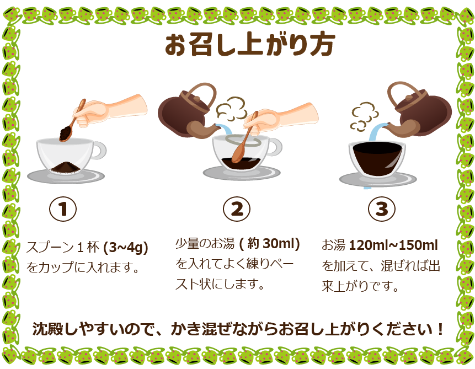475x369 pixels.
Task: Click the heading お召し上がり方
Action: (x=250, y=45)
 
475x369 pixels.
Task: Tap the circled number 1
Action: (x=63, y=209)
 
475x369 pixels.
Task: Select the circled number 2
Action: (x=237, y=209)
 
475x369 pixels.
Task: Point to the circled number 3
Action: (x=382, y=209)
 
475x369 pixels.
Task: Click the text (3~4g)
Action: (x=126, y=248)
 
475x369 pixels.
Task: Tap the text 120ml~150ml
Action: (x=393, y=245)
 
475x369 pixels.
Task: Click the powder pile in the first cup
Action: (x=65, y=168)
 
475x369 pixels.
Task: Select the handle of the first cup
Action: (x=99, y=151)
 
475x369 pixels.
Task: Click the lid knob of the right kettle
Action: (x=409, y=98)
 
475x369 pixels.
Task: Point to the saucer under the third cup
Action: (x=378, y=180)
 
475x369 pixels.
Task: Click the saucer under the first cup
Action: (x=66, y=177)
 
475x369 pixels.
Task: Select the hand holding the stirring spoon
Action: (x=280, y=119)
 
